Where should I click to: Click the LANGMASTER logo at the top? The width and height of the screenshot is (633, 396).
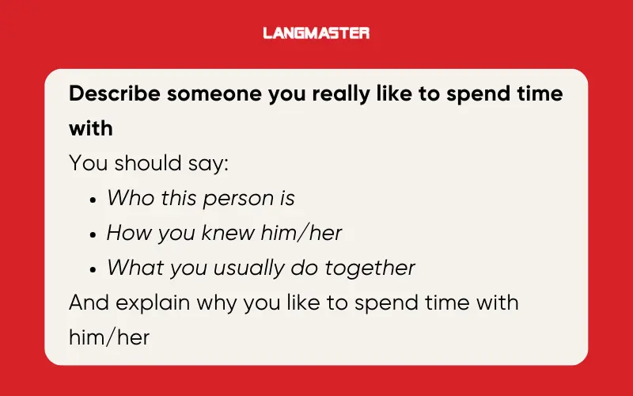pos(316,33)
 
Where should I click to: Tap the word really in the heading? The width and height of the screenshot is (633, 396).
pos(342,93)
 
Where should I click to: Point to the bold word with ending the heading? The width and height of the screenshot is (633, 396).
pos(90,128)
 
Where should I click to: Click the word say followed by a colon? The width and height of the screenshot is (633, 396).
pos(207,162)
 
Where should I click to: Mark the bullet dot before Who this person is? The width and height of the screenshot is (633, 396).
pos(93,199)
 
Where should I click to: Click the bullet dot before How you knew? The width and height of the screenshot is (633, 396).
pos(93,234)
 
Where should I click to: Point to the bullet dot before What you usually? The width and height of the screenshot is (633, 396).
pos(93,268)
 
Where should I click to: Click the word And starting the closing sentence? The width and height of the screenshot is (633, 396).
pos(88,302)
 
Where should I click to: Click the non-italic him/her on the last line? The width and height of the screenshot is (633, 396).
pos(108,337)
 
